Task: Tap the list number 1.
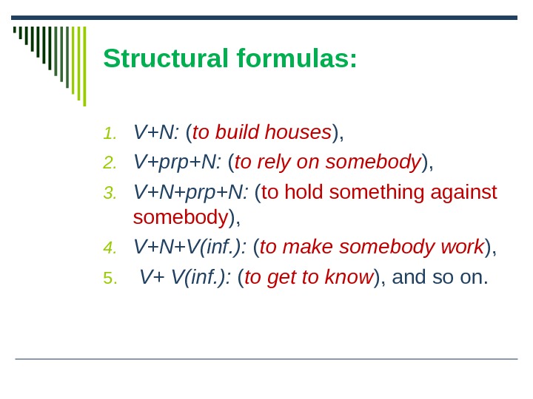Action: [x=110, y=134]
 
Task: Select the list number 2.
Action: [x=110, y=163]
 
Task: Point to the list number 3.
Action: [x=110, y=194]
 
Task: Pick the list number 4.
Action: [x=110, y=248]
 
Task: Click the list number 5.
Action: [x=110, y=279]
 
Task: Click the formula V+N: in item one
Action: [x=156, y=133]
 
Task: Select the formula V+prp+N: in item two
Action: [x=178, y=163]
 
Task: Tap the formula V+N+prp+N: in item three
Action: [x=190, y=193]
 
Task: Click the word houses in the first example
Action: [x=298, y=133]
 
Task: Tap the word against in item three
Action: [x=463, y=193]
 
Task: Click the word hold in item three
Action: [x=305, y=193]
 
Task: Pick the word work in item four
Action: [x=465, y=248]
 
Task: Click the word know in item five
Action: [x=351, y=278]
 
